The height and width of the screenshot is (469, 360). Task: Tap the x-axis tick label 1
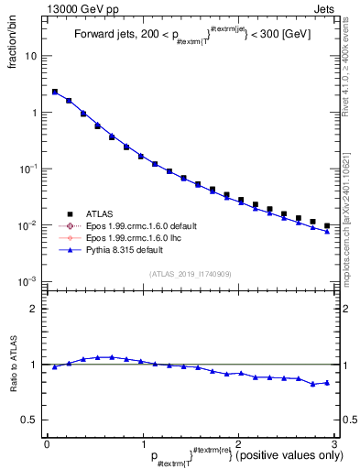142,442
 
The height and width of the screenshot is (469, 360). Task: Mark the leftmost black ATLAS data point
55,92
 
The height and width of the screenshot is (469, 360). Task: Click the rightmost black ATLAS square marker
327,224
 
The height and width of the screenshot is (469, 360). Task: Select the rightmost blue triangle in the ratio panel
327,382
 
